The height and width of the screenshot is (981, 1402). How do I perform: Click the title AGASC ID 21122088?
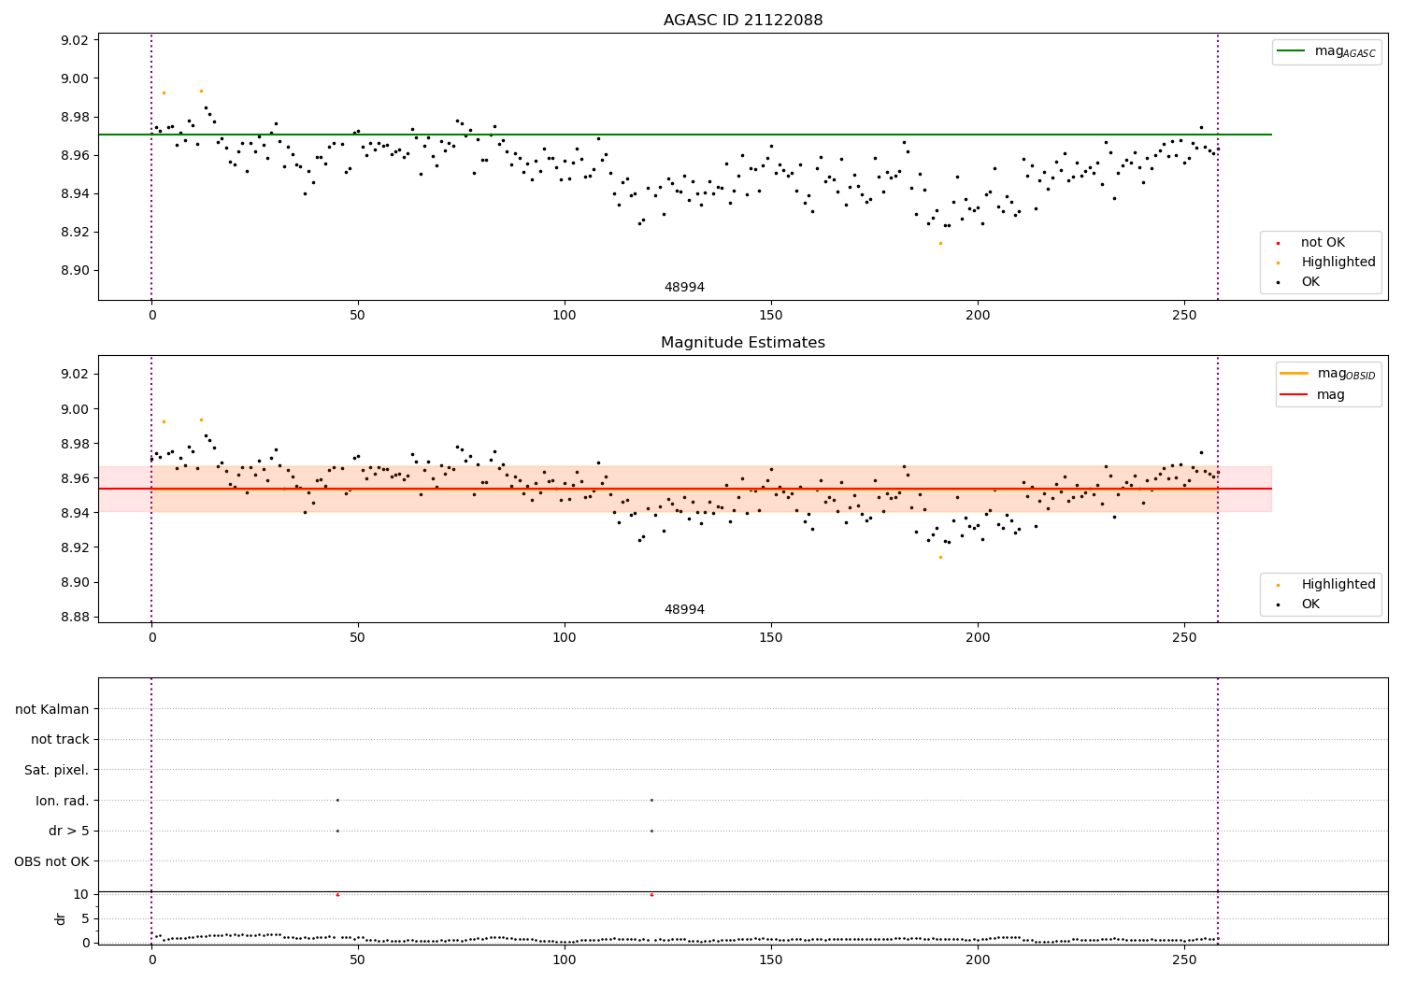(x=743, y=21)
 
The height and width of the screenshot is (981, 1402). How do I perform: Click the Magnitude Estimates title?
(x=743, y=343)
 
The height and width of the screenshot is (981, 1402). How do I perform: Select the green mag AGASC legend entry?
(x=1326, y=51)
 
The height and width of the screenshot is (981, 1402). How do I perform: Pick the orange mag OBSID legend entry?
(x=1328, y=374)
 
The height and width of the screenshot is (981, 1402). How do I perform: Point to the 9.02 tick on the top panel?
(x=75, y=40)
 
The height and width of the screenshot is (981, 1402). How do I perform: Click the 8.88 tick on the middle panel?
(x=75, y=617)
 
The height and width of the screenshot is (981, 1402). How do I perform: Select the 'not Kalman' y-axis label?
(x=52, y=709)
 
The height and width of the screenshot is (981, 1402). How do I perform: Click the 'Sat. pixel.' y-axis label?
(x=57, y=770)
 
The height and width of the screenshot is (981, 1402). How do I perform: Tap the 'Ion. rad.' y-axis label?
(x=63, y=801)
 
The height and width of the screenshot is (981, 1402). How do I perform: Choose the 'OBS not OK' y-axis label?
(x=52, y=861)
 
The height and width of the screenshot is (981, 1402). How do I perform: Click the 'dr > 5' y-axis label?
(x=69, y=831)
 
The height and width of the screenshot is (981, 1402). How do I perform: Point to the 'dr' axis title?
(x=61, y=918)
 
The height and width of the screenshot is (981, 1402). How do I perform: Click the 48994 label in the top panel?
(x=684, y=288)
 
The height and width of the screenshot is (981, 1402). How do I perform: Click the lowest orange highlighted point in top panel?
(x=940, y=243)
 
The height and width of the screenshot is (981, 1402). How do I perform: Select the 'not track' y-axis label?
(x=60, y=740)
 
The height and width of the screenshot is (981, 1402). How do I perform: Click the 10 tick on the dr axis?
(x=80, y=894)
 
